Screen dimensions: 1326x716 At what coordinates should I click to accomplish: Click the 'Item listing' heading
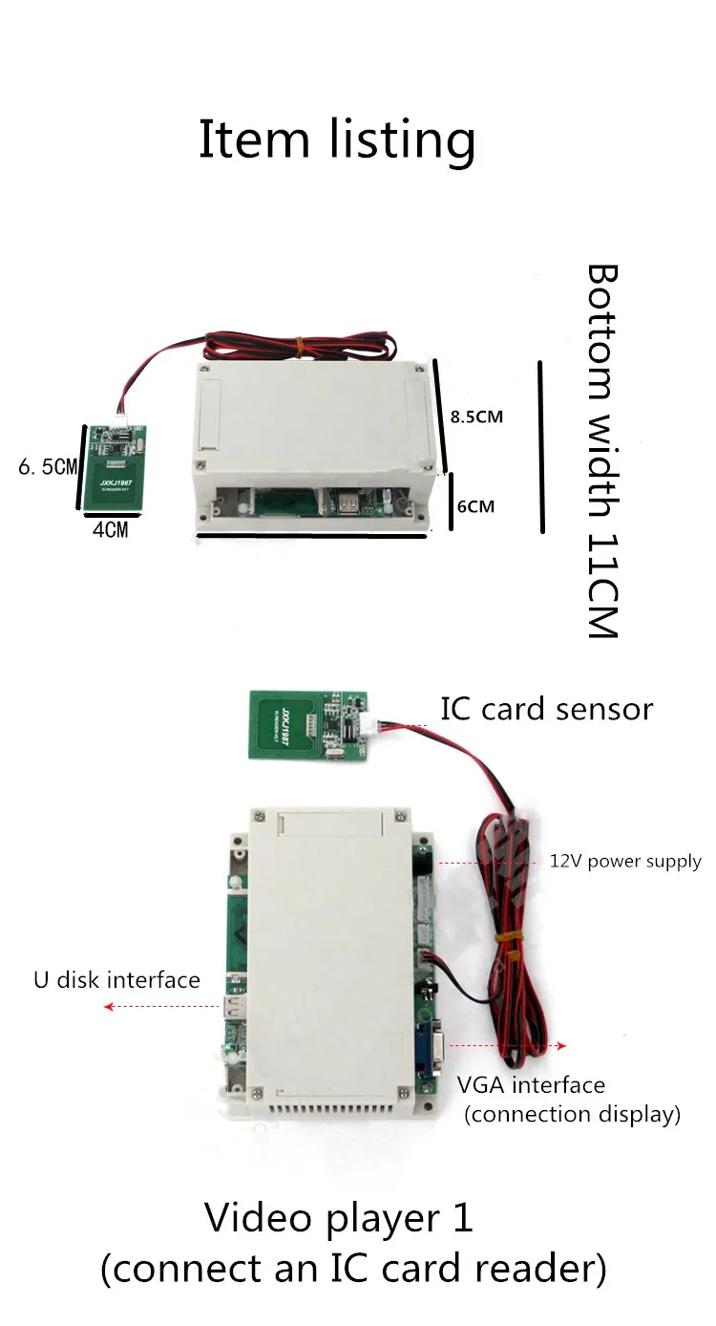(x=337, y=139)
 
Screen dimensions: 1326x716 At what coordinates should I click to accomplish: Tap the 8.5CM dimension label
(x=475, y=417)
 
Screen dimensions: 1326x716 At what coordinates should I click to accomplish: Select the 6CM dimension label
(x=475, y=505)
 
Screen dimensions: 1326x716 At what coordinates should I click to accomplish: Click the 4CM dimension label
(x=110, y=529)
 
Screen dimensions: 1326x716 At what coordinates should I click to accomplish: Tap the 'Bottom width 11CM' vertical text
(x=601, y=451)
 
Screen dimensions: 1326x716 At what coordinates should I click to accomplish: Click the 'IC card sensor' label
(x=546, y=709)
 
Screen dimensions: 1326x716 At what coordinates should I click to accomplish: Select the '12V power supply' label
(x=624, y=862)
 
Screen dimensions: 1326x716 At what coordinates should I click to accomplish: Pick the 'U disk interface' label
(x=116, y=979)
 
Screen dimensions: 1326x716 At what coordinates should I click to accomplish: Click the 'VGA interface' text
(x=531, y=1085)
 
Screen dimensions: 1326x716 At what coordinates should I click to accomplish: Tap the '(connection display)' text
(x=572, y=1114)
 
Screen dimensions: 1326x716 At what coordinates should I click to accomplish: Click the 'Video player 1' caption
(x=339, y=1219)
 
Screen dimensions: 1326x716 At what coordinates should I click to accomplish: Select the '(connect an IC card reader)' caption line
(x=353, y=1270)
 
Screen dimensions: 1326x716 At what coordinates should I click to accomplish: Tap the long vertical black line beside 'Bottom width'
(x=541, y=446)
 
